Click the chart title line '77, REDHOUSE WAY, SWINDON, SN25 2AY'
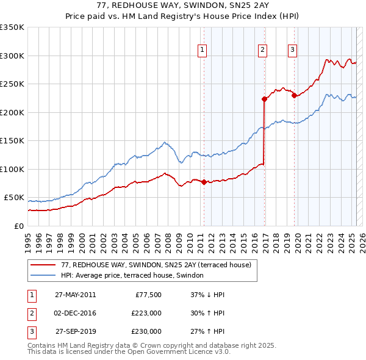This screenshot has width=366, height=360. click(182, 5)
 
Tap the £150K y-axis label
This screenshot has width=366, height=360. click(13, 140)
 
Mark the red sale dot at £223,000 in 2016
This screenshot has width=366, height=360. click(264, 99)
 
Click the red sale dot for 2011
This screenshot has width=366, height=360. click(204, 182)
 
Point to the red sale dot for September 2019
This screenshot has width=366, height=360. click(294, 95)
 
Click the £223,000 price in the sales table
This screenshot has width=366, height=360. click(146, 313)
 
